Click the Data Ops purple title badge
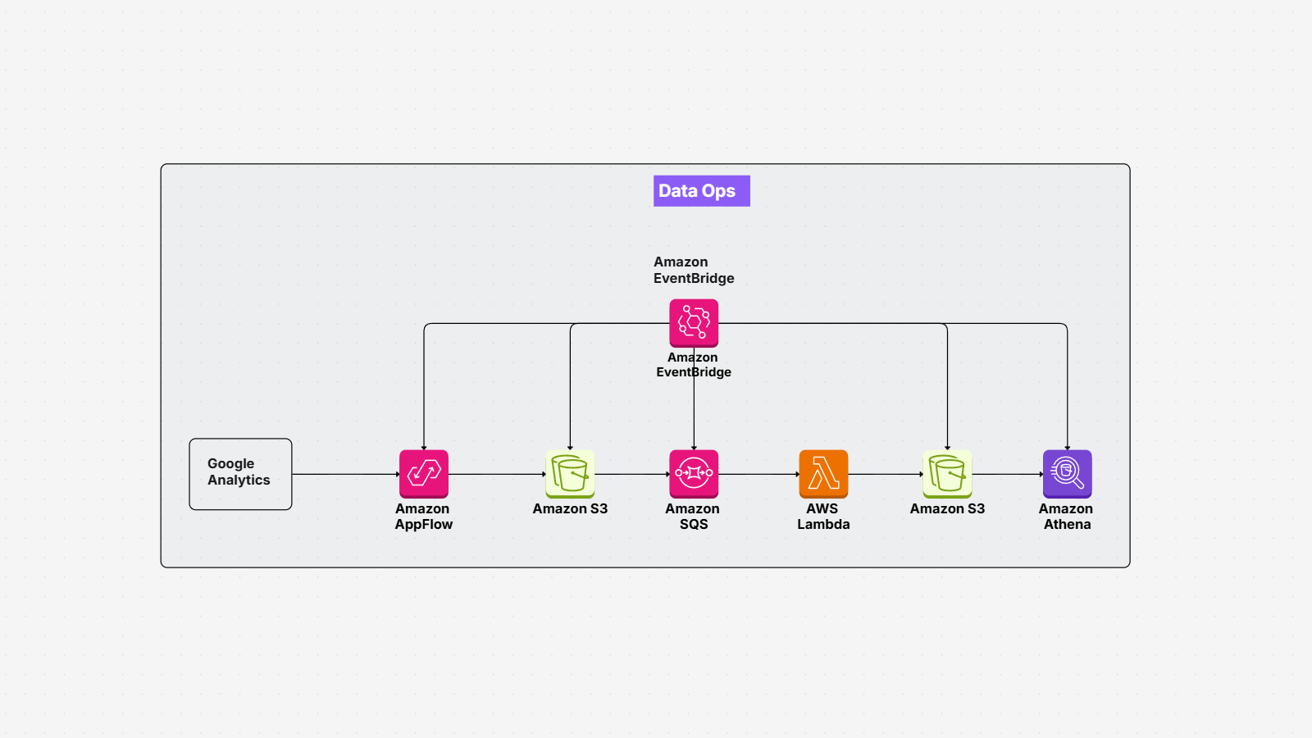click(x=701, y=191)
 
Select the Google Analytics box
click(x=240, y=474)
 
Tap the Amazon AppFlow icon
click(x=424, y=474)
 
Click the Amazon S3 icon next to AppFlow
click(x=570, y=474)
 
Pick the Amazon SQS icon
click(x=694, y=474)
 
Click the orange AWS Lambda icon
click(x=823, y=474)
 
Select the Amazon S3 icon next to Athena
click(x=947, y=474)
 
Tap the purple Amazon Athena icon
click(x=1067, y=474)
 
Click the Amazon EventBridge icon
click(x=694, y=323)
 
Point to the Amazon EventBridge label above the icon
click(x=693, y=270)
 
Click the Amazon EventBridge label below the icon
click(x=693, y=365)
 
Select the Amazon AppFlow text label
click(x=423, y=517)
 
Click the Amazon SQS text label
click(x=693, y=517)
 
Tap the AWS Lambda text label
click(x=823, y=517)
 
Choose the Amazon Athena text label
click(x=1066, y=517)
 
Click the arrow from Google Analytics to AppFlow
click(x=344, y=474)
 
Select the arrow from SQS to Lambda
click(x=758, y=474)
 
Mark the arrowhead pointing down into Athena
click(x=1067, y=447)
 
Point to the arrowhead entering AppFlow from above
click(x=424, y=447)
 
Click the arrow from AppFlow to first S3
click(x=496, y=474)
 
